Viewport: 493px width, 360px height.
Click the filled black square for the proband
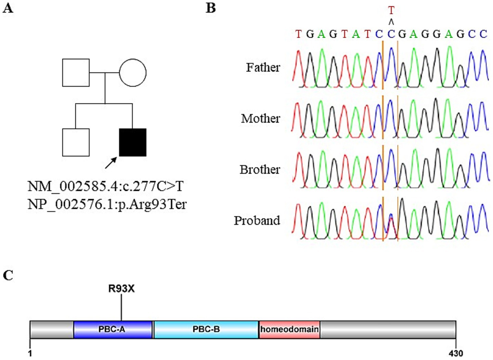132,142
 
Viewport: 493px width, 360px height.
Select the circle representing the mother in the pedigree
132,73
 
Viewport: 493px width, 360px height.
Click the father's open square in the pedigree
76,73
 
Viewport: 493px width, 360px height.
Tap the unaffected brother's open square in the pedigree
76,142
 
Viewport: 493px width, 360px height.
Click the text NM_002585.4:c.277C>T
105,187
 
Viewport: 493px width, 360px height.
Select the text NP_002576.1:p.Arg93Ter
107,204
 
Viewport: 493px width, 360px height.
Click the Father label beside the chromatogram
263,67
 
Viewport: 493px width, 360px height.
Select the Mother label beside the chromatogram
260,118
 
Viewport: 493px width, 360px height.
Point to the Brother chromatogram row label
260,169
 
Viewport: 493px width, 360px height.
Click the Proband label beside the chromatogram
257,220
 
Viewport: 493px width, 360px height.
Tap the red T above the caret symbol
391,11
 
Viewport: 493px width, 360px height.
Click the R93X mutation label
121,289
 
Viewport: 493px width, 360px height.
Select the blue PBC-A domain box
113,330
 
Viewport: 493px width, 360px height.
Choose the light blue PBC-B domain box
206,330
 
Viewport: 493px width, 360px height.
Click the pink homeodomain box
289,330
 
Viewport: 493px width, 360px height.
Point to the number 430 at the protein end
455,353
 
